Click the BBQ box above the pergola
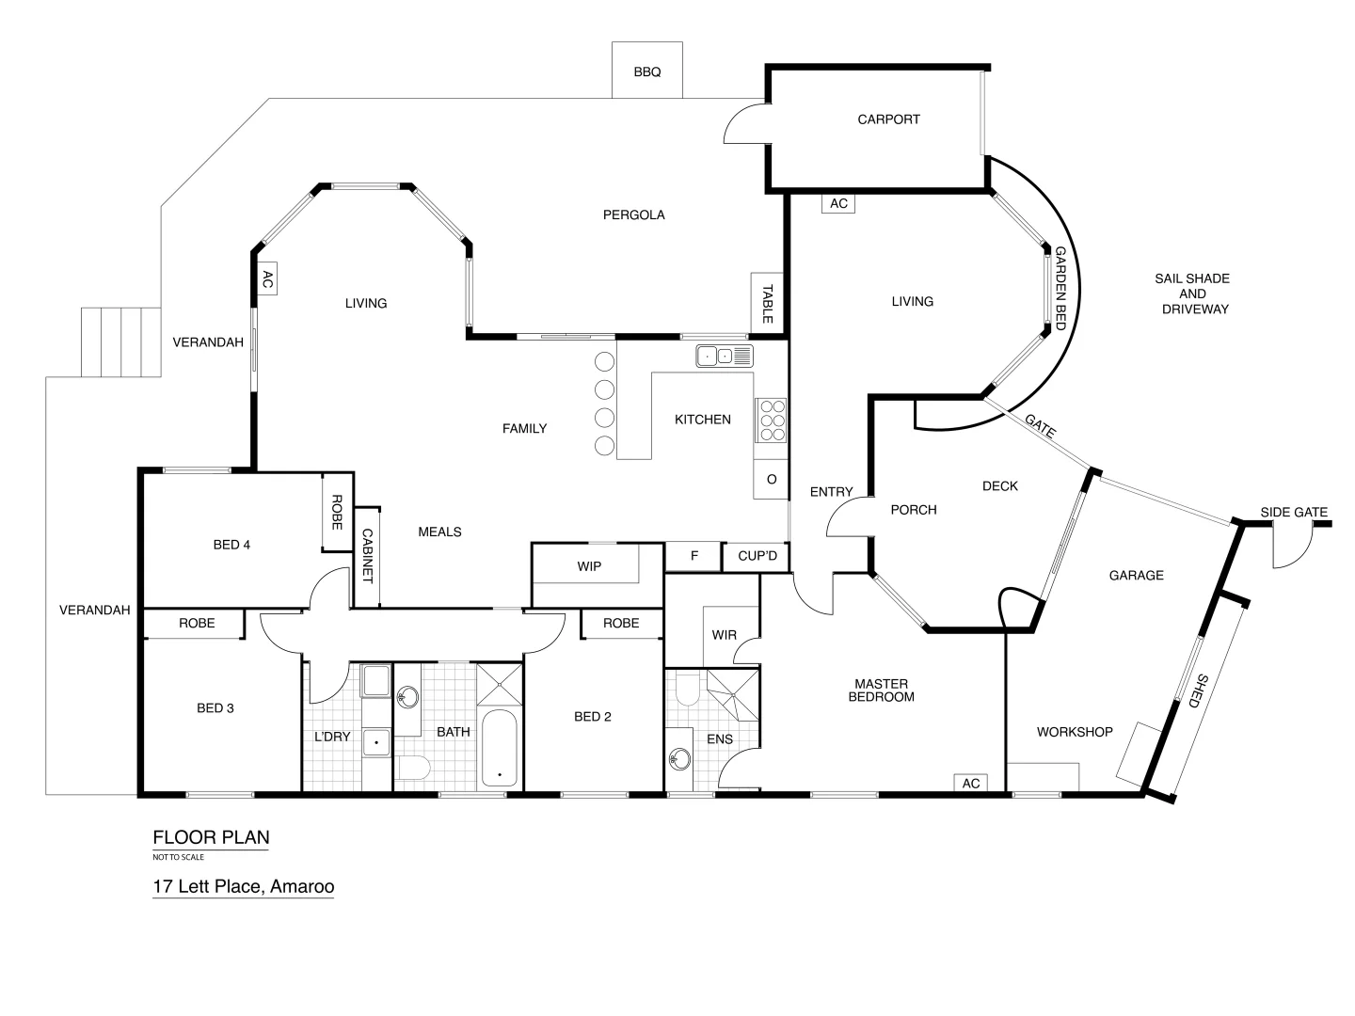[x=646, y=71]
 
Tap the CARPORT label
[x=888, y=119]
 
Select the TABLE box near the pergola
[x=767, y=303]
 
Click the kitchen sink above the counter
[x=724, y=356]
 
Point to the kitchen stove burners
[x=772, y=420]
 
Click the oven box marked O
[x=771, y=480]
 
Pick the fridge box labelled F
[x=693, y=556]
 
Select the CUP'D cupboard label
[x=757, y=556]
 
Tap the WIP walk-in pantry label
[x=589, y=566]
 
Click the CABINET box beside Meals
[x=367, y=556]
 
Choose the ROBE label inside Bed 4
[x=336, y=513]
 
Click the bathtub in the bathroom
[x=499, y=748]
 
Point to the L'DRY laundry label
[x=332, y=737]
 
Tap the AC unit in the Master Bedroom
[x=970, y=783]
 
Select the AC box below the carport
[x=837, y=203]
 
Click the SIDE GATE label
[x=1294, y=513]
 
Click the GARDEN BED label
[x=1060, y=282]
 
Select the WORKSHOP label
[x=1075, y=732]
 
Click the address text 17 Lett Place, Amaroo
[x=244, y=886]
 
